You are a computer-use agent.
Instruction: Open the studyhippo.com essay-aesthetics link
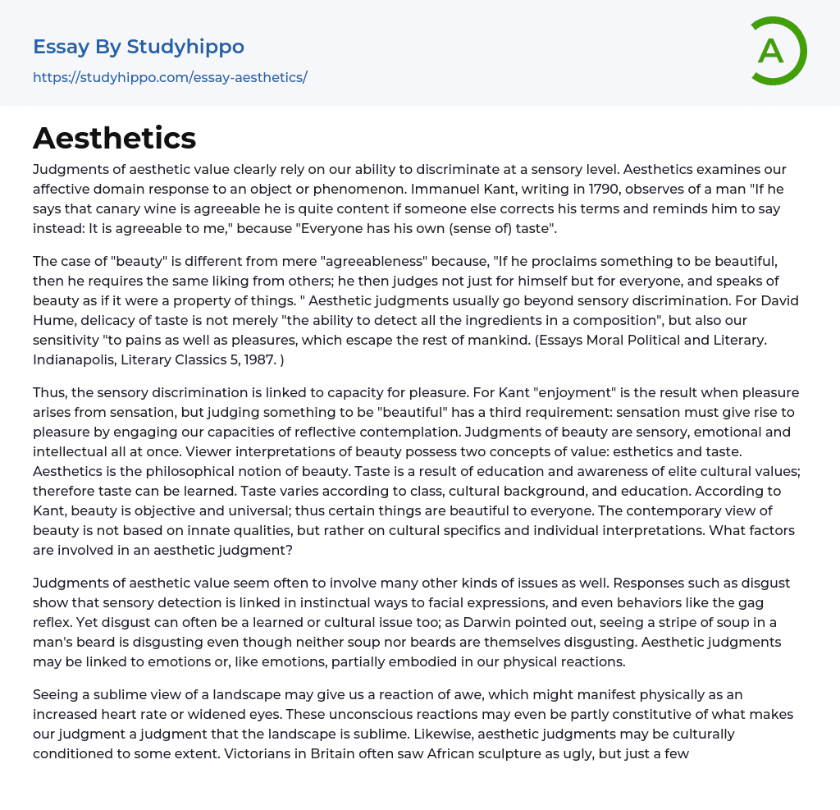coord(170,78)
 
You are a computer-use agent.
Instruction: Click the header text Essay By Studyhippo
coord(139,47)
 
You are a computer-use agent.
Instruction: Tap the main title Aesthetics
coord(114,139)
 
